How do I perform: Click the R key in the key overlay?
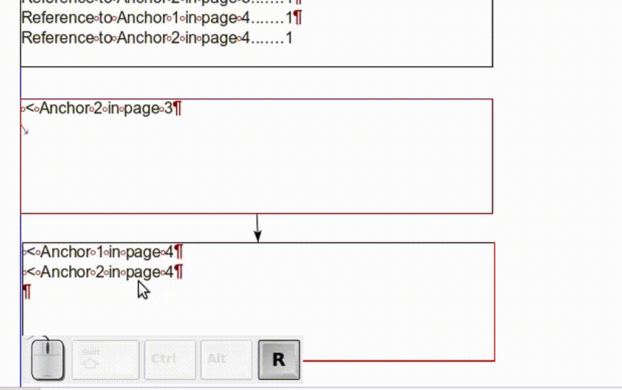click(279, 360)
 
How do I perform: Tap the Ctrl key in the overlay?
click(170, 360)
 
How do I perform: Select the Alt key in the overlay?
click(226, 360)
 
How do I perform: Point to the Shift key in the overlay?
click(106, 360)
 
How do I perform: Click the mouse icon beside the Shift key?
click(47, 358)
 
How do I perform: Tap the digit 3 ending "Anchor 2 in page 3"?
click(168, 109)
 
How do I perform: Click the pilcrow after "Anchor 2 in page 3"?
click(177, 109)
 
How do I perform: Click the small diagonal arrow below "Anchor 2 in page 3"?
click(25, 129)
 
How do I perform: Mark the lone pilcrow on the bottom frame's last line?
click(27, 292)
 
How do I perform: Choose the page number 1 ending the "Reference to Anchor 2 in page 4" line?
click(289, 38)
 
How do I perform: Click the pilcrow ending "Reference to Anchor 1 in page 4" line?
click(298, 18)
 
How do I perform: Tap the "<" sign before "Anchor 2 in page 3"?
click(29, 109)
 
